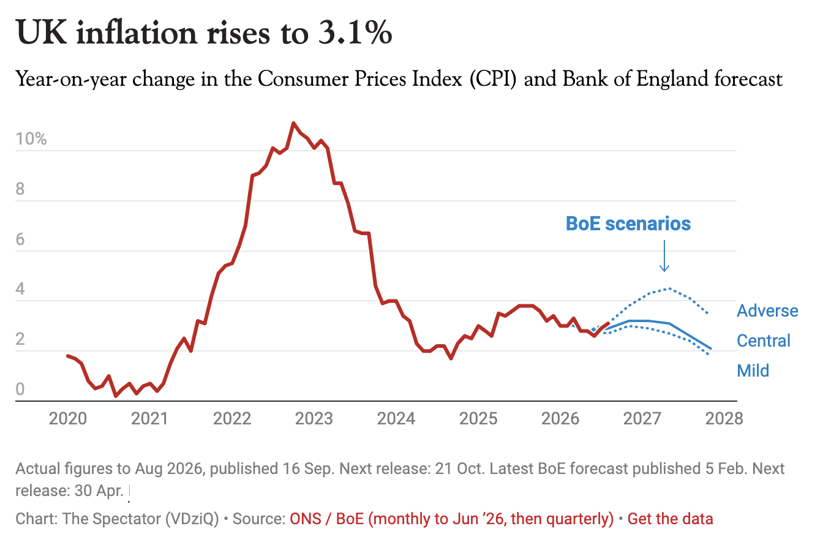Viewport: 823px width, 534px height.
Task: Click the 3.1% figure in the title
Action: [x=355, y=33]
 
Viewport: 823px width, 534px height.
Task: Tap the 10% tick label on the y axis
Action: [x=31, y=139]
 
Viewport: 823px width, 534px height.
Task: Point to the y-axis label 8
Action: [x=20, y=189]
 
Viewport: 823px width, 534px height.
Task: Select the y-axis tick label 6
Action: [x=20, y=239]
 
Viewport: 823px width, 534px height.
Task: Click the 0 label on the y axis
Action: [x=20, y=389]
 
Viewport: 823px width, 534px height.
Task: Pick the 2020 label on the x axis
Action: [x=68, y=419]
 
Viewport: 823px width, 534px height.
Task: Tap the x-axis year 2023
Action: [x=314, y=419]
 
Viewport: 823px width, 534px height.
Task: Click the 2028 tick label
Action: [x=724, y=419]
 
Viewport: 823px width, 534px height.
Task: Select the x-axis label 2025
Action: [x=478, y=419]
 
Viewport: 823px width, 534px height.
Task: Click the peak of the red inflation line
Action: [x=293, y=123]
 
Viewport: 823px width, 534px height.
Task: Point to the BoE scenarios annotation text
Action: [x=628, y=224]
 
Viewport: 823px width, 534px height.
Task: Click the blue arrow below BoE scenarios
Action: [x=664, y=256]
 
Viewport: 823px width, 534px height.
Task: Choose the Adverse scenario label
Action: [x=767, y=311]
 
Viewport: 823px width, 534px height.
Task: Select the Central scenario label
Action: [x=764, y=340]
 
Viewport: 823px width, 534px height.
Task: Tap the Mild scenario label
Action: [x=753, y=370]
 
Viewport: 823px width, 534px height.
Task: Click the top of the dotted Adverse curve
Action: [x=669, y=289]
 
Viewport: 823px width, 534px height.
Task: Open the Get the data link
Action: [x=670, y=519]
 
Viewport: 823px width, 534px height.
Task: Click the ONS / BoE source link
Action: [x=451, y=519]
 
